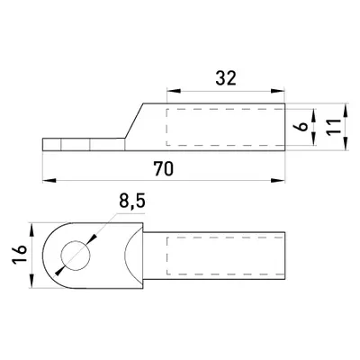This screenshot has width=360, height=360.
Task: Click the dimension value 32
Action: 226,78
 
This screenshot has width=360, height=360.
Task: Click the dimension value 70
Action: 164,168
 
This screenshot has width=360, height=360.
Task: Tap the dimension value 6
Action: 303,126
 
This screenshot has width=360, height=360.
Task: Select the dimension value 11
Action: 334,127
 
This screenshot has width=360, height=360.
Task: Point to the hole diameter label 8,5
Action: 132,201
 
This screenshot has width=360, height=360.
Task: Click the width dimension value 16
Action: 19,255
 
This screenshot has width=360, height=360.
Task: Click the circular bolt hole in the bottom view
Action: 76,256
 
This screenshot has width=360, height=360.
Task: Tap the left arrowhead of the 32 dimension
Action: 174,91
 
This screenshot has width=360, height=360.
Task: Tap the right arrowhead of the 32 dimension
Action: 277,91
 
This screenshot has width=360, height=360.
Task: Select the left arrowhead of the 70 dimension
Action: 49,181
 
